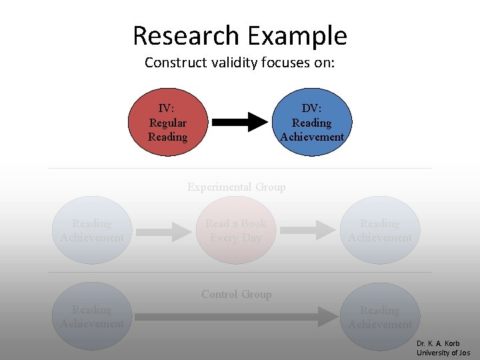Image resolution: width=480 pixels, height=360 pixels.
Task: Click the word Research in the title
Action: point(185,35)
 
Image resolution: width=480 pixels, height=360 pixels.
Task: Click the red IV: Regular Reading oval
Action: point(167,123)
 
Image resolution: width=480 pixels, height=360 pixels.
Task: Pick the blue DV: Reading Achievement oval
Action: point(312,123)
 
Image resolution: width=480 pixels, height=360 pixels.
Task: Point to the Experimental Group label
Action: point(236,187)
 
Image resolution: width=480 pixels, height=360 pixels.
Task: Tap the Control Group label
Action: point(236,294)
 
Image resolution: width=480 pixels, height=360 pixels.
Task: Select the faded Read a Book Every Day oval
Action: point(236,231)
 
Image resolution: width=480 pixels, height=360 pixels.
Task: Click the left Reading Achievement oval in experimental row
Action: point(92,231)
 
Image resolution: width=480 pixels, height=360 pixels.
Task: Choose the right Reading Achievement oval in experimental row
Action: point(380,231)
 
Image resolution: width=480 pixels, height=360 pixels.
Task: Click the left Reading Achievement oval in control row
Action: point(92,317)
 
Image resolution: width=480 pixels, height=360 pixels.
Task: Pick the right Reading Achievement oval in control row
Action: point(380,317)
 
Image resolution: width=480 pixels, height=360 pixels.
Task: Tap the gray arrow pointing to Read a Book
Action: point(163,231)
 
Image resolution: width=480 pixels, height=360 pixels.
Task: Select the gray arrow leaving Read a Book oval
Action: point(306,231)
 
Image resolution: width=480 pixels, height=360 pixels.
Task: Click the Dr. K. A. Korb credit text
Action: point(438,344)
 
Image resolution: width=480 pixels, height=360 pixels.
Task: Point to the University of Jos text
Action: point(443,353)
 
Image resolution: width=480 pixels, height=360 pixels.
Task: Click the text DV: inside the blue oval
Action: point(311,108)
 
